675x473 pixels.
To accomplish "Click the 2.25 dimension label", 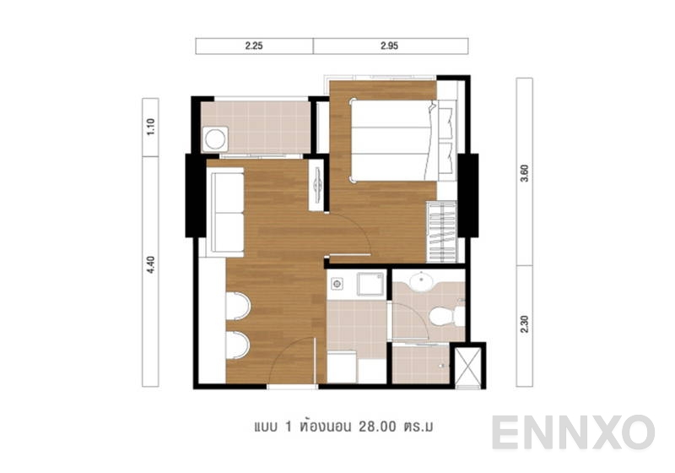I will (x=254, y=46).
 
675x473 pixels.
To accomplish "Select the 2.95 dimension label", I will (x=389, y=46).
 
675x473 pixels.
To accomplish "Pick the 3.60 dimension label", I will (x=525, y=171).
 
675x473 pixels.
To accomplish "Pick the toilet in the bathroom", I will (x=444, y=317).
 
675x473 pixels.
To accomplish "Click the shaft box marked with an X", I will (x=469, y=365).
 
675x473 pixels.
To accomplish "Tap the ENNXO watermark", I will (x=573, y=432).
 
